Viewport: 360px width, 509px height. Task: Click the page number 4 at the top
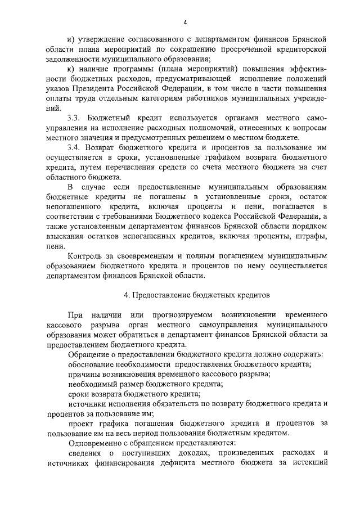coord(185,22)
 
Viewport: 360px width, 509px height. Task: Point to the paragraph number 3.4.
coord(74,147)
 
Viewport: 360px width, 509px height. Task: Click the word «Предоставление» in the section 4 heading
coord(160,294)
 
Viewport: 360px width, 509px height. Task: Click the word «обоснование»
coord(92,364)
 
